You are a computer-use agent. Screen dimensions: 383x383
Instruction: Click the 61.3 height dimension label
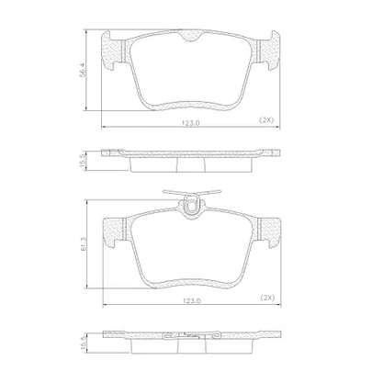[x=84, y=244]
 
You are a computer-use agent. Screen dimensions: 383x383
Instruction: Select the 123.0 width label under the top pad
[x=191, y=123]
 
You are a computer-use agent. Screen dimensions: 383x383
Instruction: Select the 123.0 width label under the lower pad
[x=192, y=300]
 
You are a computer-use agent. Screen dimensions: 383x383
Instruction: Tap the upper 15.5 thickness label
[x=82, y=160]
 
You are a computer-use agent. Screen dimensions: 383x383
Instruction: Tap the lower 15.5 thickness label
[x=82, y=341]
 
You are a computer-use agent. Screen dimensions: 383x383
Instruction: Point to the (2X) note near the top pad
[x=266, y=120]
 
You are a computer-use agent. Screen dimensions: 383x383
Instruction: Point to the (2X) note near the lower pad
[x=267, y=298]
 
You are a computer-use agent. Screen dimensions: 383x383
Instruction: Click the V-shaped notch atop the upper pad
[x=190, y=37]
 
